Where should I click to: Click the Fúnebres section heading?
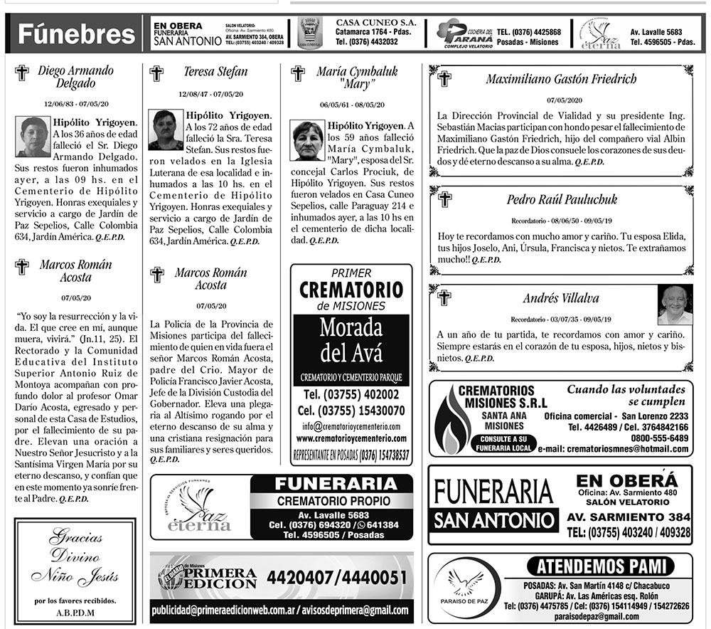point(77,33)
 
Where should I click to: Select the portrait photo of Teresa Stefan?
point(166,129)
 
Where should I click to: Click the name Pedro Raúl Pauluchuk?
point(552,199)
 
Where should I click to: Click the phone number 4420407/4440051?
point(338,576)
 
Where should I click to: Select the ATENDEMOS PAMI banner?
point(602,566)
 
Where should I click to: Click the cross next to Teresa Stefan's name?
point(156,72)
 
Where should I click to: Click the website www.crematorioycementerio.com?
point(351,438)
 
